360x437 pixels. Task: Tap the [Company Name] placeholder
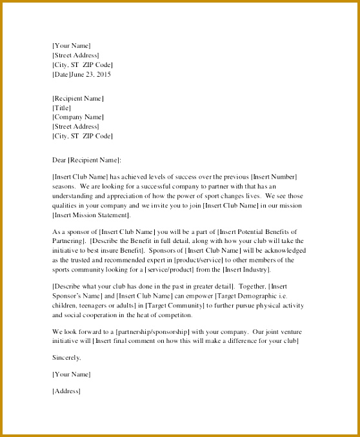pyautogui.click(x=77, y=117)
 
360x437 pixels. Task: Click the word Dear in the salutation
pyautogui.click(x=59, y=159)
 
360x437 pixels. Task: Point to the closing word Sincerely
pyautogui.click(x=66, y=356)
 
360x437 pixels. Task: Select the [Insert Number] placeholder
pyautogui.click(x=274, y=177)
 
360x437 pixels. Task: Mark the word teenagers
pyautogui.click(x=97, y=305)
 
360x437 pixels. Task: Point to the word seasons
pyautogui.click(x=64, y=186)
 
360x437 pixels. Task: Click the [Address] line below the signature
pyautogui.click(x=66, y=391)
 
